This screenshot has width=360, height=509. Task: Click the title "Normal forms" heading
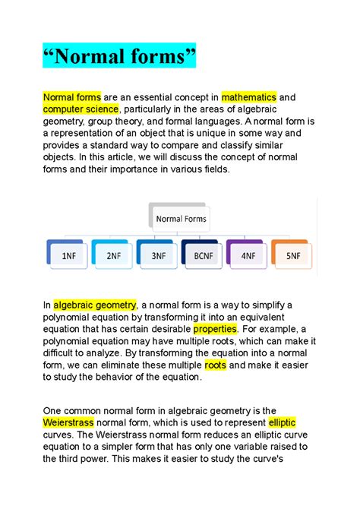point(118,55)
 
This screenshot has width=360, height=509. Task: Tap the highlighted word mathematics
point(248,97)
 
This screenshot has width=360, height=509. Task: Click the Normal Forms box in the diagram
point(181,219)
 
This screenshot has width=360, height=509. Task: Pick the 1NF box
point(68,256)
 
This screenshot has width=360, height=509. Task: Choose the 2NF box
point(113,256)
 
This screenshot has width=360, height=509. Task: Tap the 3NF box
point(158,256)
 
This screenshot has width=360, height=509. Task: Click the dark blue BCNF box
point(204,256)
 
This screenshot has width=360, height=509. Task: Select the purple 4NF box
point(248,256)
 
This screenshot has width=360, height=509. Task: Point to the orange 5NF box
point(292,256)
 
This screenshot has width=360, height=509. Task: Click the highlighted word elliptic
point(282,422)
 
